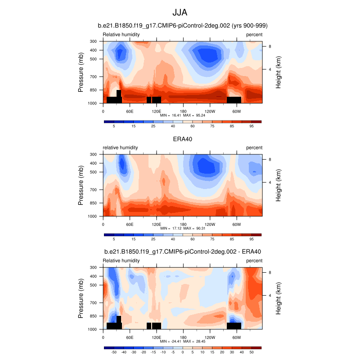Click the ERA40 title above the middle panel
(x=182, y=139)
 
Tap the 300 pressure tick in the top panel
(x=94, y=41)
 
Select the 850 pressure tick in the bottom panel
(x=94, y=316)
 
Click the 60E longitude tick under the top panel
(x=130, y=111)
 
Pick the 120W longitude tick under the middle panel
(x=210, y=224)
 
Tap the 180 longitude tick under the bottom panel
(x=183, y=337)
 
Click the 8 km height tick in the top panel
(x=270, y=46)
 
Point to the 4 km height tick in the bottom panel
(x=270, y=296)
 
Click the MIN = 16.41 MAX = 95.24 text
(x=183, y=116)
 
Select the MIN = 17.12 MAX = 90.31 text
(x=183, y=229)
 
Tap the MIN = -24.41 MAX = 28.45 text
(x=183, y=342)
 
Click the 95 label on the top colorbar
(x=252, y=127)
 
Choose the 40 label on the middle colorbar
(x=173, y=240)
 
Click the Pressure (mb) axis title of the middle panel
(x=81, y=185)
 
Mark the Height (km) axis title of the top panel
(x=279, y=72)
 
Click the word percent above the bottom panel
(x=254, y=261)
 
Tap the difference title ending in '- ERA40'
(x=182, y=252)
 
